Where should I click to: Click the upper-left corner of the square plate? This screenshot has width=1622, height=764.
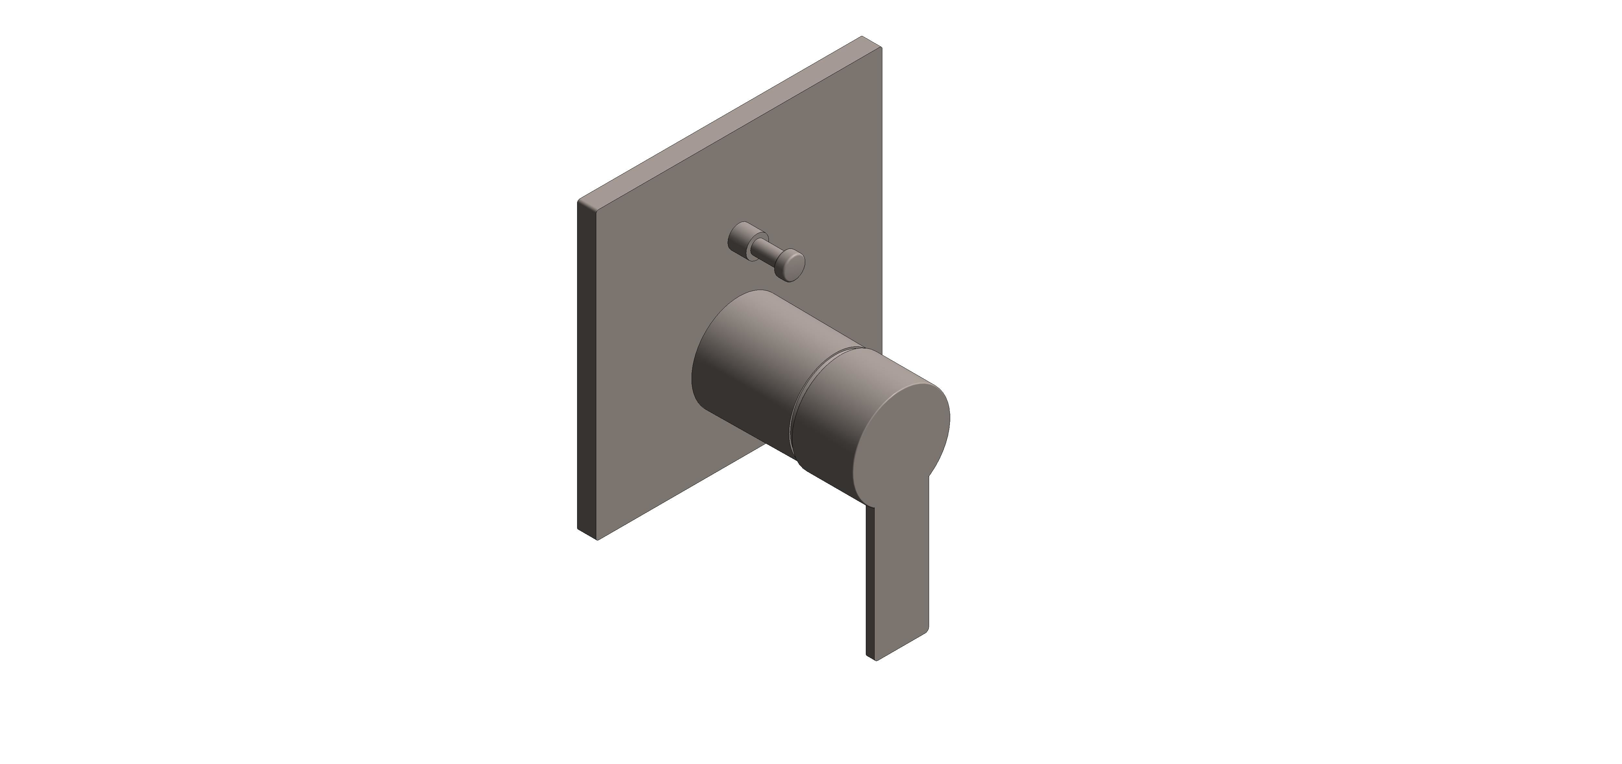tap(579, 201)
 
